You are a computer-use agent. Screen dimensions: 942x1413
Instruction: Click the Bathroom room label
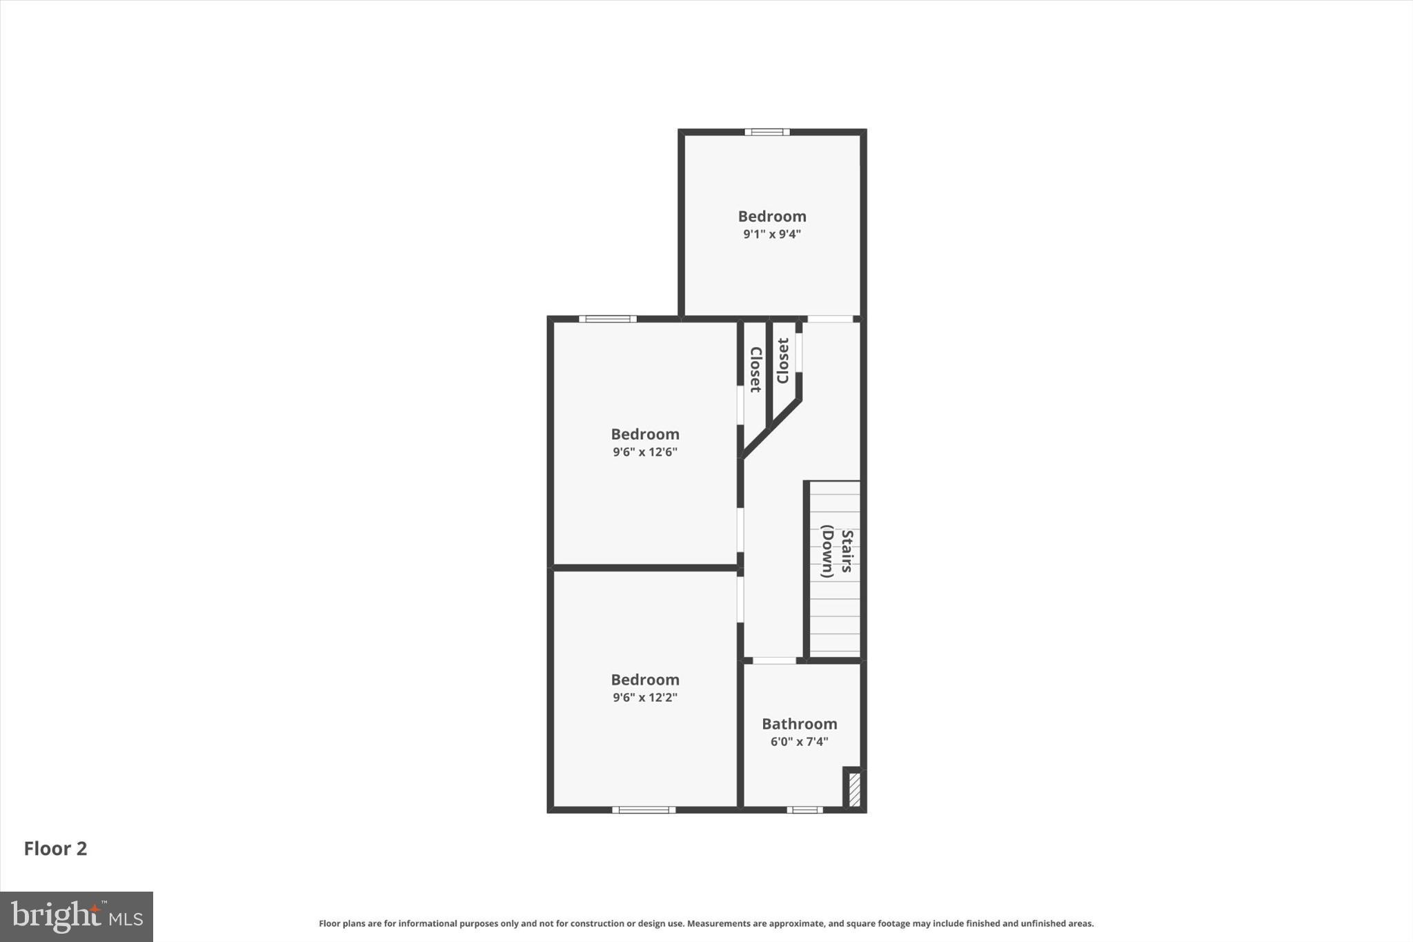(799, 724)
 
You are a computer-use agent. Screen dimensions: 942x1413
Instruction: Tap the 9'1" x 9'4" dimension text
(771, 234)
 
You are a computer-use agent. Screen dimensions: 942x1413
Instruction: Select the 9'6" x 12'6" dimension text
(645, 452)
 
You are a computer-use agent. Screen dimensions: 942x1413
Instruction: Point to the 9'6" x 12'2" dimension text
(645, 697)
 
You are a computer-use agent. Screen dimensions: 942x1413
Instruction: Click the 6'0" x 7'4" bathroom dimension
(799, 742)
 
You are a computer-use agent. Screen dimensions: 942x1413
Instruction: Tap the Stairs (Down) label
(837, 551)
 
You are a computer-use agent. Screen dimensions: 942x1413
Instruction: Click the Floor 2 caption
(55, 848)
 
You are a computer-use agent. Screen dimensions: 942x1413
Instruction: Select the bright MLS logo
(77, 916)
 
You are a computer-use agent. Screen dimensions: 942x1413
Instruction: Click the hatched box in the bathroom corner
(854, 789)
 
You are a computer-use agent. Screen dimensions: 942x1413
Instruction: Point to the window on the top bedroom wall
(767, 132)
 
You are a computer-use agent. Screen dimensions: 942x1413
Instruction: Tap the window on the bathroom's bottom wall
(804, 809)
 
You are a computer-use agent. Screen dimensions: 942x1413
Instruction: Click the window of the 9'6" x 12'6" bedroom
(607, 319)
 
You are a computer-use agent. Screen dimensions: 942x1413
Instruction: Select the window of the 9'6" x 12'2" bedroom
(643, 809)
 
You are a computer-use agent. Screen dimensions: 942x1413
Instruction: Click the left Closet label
(755, 370)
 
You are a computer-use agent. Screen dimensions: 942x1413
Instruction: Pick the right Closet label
(782, 360)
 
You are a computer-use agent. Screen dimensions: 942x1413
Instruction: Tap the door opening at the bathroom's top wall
(773, 660)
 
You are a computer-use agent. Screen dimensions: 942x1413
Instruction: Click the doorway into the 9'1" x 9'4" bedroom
(830, 319)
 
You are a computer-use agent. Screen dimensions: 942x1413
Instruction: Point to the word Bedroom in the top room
(771, 216)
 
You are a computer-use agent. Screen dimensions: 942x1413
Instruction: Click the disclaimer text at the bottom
(706, 923)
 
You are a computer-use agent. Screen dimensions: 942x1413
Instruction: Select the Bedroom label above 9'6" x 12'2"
(645, 680)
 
